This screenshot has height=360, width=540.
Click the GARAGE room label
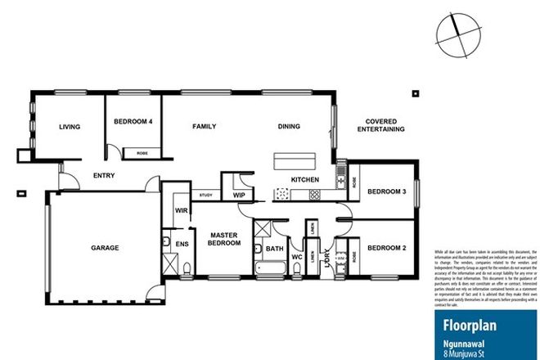[105, 247]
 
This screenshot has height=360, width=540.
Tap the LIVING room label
[69, 127]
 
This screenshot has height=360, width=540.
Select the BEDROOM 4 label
[133, 122]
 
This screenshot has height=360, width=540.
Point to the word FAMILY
[204, 127]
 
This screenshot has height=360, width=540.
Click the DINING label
[289, 127]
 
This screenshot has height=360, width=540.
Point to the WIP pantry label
[240, 196]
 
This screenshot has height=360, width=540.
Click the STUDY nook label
[206, 196]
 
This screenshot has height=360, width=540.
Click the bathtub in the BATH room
[268, 268]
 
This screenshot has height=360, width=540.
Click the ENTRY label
[103, 175]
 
